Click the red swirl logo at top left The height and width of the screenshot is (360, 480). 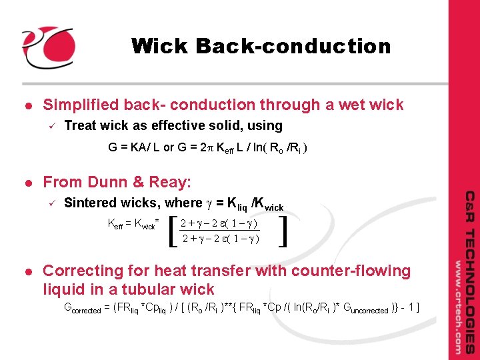point(47,47)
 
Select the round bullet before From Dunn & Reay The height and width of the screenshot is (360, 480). point(27,182)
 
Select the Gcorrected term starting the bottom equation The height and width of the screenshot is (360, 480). point(86,308)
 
